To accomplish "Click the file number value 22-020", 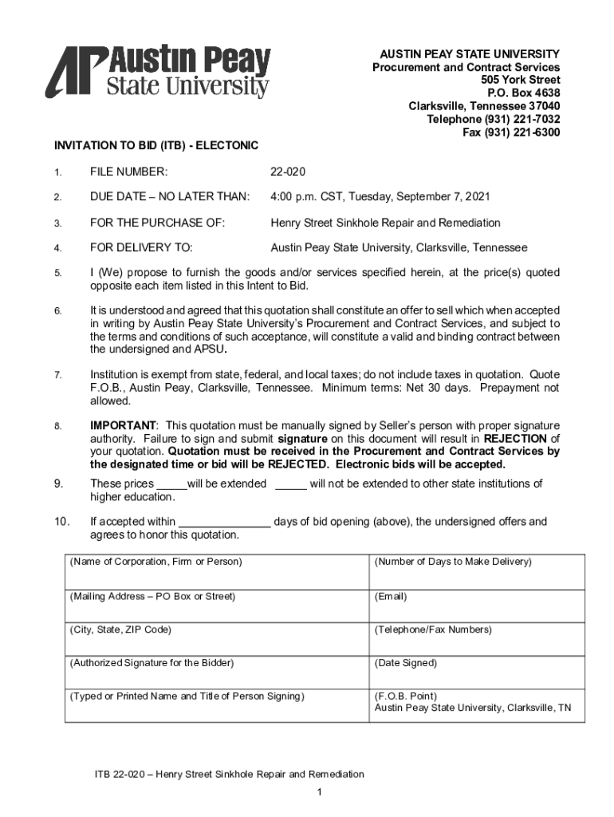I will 288,172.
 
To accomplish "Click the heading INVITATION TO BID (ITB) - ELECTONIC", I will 156,146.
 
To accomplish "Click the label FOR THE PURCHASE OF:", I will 158,223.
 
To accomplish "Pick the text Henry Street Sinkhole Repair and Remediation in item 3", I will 385,223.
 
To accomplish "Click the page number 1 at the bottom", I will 318,791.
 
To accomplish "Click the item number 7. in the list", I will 57,375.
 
